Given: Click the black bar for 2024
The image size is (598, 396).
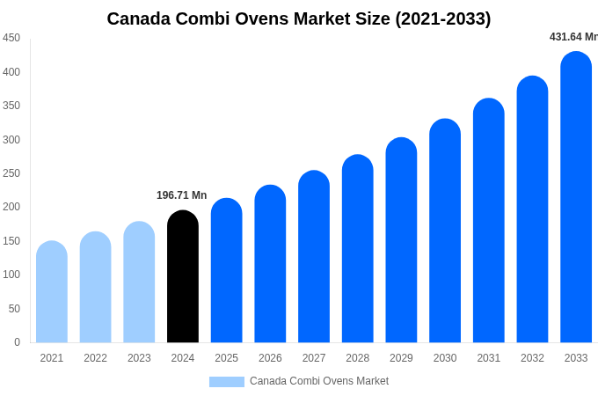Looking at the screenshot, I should click(x=183, y=277).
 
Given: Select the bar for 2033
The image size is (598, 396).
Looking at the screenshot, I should click(x=576, y=198).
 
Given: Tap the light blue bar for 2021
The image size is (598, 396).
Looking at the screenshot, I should click(x=52, y=292).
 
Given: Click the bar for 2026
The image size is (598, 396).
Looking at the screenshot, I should click(x=270, y=264).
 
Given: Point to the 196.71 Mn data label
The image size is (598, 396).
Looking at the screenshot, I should click(x=182, y=195).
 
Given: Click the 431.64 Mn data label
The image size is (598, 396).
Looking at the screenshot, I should click(x=573, y=37).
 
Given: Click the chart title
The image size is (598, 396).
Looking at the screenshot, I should click(x=299, y=18).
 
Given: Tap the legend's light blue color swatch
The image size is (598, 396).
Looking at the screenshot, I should click(x=227, y=382).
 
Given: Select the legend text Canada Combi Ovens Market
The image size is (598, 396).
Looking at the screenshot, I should click(x=319, y=381).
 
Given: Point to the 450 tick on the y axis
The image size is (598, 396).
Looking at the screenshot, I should click(x=11, y=38).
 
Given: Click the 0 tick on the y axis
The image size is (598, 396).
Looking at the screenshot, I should click(x=17, y=342).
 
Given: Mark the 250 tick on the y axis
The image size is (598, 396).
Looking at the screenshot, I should click(x=11, y=173).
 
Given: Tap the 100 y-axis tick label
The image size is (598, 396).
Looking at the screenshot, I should click(x=11, y=275).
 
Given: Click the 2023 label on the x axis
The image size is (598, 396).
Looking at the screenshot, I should click(x=139, y=358).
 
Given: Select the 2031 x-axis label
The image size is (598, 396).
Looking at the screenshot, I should click(x=489, y=358).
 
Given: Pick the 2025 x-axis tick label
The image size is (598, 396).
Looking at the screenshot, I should click(x=227, y=358).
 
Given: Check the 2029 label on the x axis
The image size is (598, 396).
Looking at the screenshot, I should click(x=401, y=358).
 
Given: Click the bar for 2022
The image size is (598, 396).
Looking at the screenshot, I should click(x=96, y=288).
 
